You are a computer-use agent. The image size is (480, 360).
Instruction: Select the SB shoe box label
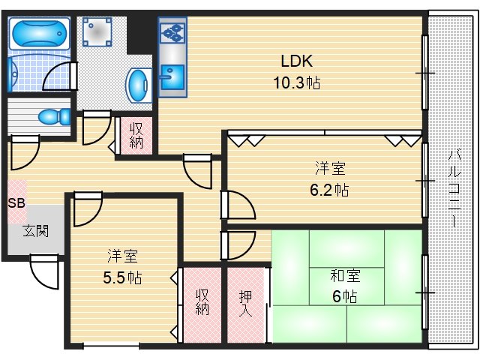pyautogui.click(x=16, y=202)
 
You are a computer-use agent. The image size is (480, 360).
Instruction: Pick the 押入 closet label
pyautogui.click(x=246, y=302)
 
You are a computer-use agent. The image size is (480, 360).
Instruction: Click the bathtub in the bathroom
pyautogui.click(x=37, y=34)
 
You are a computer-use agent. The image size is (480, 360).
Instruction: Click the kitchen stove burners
pyautogui.click(x=171, y=33)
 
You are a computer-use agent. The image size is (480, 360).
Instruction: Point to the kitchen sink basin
pyautogui.click(x=170, y=73)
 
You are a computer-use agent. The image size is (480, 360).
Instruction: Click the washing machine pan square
pyautogui.click(x=97, y=34)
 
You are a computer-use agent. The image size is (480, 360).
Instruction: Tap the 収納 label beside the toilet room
pyautogui.click(x=136, y=136)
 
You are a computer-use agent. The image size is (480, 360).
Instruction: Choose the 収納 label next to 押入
pyautogui.click(x=202, y=302)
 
